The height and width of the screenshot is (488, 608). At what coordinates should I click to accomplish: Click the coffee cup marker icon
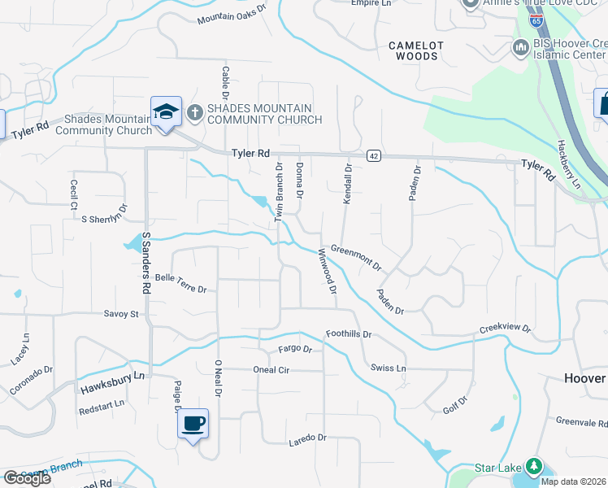coord(193,424)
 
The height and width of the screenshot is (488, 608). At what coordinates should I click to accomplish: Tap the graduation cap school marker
coord(166,112)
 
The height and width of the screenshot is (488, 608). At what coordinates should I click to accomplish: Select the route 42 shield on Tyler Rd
coord(373,155)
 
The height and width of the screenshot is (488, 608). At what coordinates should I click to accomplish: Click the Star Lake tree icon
coord(534,467)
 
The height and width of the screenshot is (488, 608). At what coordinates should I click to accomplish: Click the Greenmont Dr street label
coord(356,257)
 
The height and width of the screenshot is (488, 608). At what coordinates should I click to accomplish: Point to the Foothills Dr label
coord(348,334)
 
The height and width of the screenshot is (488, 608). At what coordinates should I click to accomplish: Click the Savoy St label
coord(122,314)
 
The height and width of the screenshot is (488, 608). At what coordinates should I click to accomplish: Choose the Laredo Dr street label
coord(307,439)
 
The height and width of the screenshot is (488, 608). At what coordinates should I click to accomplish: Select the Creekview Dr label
coord(505,329)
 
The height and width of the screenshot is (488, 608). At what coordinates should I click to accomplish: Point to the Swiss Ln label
coord(388,368)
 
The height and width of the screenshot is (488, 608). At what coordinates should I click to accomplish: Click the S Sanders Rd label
coord(146,263)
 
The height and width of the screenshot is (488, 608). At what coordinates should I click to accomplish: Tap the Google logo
coord(27,478)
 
